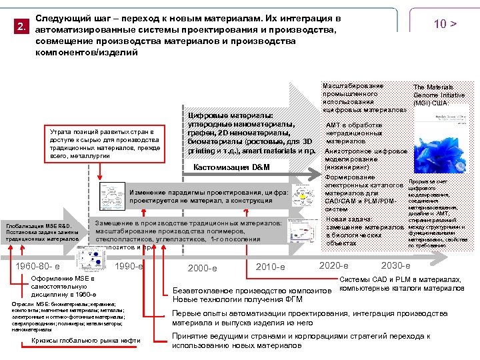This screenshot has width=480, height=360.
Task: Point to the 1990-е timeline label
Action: point(129,267)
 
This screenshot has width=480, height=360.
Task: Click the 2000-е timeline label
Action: point(202,268)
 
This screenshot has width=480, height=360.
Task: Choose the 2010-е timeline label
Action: point(271,267)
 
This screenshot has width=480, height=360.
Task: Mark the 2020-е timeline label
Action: point(334,265)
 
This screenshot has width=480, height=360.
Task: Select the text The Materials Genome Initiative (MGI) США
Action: point(434,95)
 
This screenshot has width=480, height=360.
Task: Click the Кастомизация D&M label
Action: point(231,167)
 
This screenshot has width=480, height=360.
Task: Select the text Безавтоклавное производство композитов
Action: point(251,291)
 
